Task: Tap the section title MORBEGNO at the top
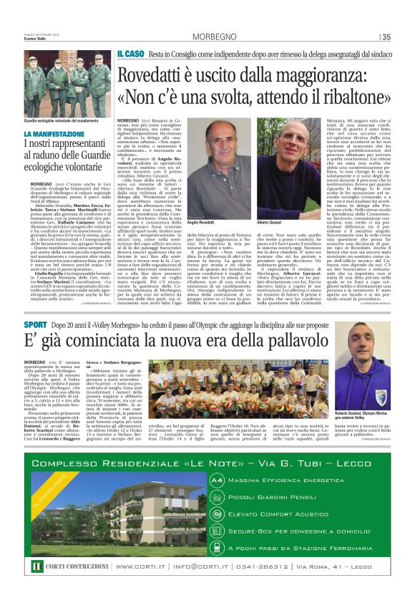pos(213,38)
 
